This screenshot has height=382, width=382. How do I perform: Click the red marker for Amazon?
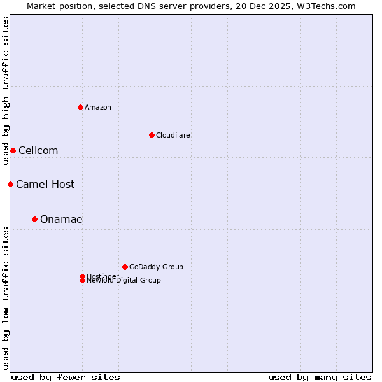(80, 107)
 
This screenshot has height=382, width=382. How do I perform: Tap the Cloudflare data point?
(152, 135)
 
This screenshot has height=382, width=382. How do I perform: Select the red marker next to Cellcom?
(13, 150)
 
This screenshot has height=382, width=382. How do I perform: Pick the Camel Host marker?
(10, 184)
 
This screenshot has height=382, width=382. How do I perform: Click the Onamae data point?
(34, 219)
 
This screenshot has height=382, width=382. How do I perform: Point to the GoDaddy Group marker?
(125, 267)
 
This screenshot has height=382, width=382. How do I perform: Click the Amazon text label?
(98, 107)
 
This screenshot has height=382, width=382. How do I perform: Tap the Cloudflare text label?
(173, 135)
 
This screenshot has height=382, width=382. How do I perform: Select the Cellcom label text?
(38, 150)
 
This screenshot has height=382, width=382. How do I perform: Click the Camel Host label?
(45, 184)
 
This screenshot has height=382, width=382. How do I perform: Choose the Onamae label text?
(61, 219)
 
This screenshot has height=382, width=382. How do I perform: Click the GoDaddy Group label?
(156, 267)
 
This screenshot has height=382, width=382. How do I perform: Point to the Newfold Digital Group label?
(124, 281)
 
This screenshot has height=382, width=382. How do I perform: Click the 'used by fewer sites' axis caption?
(66, 377)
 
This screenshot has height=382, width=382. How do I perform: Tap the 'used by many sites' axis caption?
(320, 377)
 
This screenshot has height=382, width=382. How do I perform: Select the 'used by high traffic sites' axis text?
(6, 90)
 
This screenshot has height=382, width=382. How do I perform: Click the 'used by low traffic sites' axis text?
(6, 298)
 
